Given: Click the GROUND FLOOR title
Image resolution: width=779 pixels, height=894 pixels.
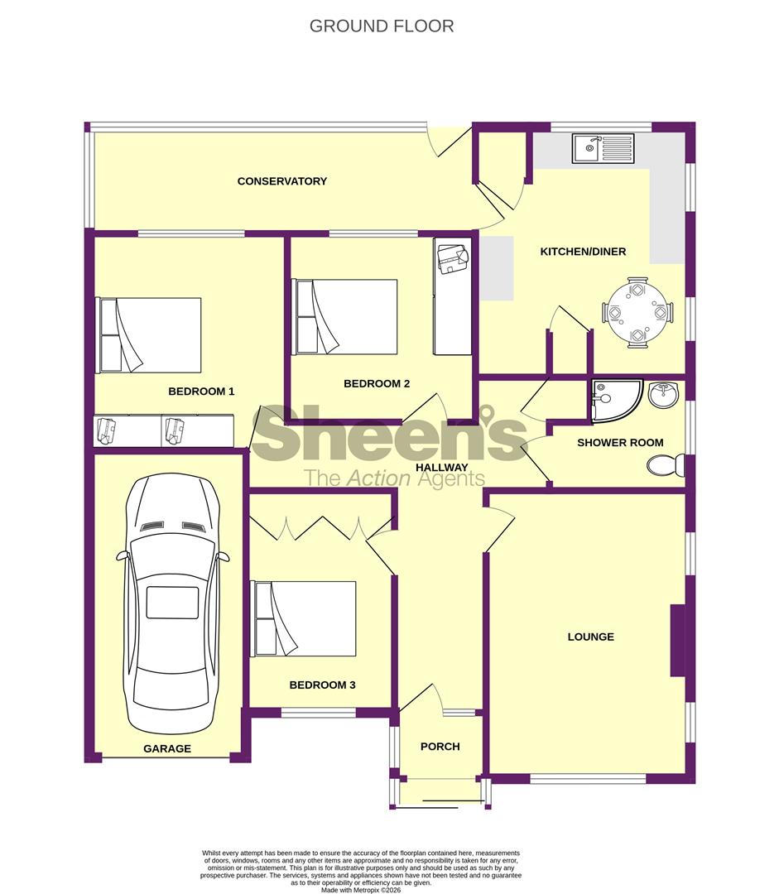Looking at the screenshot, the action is pyautogui.click(x=382, y=26).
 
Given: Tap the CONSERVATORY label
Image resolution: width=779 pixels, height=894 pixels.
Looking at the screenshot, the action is pyautogui.click(x=282, y=181).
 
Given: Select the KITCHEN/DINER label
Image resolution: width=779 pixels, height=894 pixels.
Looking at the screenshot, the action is pyautogui.click(x=583, y=252).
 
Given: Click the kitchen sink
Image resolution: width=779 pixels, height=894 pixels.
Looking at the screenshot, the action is pyautogui.click(x=603, y=148).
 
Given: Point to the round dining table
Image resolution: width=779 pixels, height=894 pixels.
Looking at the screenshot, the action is pyautogui.click(x=637, y=312).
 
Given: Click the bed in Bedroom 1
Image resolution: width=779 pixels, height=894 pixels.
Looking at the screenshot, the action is pyautogui.click(x=148, y=335).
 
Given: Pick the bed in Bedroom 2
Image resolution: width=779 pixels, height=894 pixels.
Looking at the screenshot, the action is pyautogui.click(x=344, y=316).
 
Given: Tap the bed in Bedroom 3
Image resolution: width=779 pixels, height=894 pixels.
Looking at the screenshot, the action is pyautogui.click(x=303, y=619).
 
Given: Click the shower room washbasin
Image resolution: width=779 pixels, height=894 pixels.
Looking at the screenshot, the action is pyautogui.click(x=664, y=395).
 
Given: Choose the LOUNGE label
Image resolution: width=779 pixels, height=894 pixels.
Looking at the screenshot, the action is pyautogui.click(x=591, y=637).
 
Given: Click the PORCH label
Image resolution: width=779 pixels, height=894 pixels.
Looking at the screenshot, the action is pyautogui.click(x=440, y=747).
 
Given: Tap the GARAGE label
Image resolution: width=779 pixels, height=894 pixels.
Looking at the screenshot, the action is pyautogui.click(x=167, y=748).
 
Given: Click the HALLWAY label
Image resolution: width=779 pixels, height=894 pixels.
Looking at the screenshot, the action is pyautogui.click(x=441, y=468).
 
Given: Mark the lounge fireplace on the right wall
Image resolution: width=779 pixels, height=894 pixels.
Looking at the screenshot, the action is pyautogui.click(x=677, y=640).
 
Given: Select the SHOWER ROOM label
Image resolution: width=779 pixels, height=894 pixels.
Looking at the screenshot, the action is pyautogui.click(x=620, y=442).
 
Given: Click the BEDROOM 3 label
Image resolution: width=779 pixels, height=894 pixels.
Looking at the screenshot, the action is pyautogui.click(x=322, y=685).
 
